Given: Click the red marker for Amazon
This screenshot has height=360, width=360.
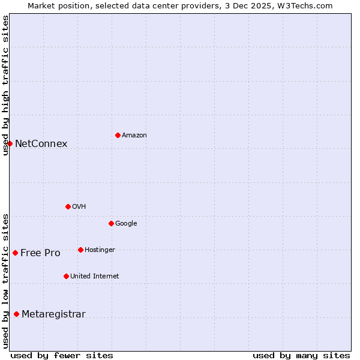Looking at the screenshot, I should click(x=118, y=135).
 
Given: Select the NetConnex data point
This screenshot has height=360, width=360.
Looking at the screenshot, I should click(x=10, y=143).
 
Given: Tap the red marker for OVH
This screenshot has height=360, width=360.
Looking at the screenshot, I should click(x=68, y=206).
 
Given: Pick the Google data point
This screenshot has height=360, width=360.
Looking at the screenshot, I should click(x=111, y=223).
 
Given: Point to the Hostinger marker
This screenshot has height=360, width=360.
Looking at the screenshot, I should click(x=80, y=250).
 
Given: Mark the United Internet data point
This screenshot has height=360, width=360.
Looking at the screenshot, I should click(x=66, y=276).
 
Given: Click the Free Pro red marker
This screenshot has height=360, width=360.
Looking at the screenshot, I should click(x=15, y=253).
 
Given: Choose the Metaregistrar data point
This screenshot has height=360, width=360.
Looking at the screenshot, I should click(x=16, y=314).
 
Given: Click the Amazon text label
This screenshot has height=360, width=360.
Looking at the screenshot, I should click(x=134, y=136).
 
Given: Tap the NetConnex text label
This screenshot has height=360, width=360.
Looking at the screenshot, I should click(x=41, y=144).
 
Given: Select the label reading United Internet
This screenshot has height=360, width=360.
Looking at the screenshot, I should click(x=94, y=277).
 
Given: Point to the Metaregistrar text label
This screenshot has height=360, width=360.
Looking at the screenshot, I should click(x=53, y=314).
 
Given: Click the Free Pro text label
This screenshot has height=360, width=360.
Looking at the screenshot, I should click(x=40, y=253).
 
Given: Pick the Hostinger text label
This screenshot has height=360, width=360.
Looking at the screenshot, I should click(x=100, y=250).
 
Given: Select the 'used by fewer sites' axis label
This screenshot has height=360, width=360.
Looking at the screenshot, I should click(x=62, y=355).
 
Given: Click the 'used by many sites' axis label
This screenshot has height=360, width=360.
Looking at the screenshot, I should click(x=301, y=355).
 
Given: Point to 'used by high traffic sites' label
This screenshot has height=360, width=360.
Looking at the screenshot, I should click(x=5, y=85).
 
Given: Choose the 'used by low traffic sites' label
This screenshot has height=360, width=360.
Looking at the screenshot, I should click(x=5, y=281).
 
